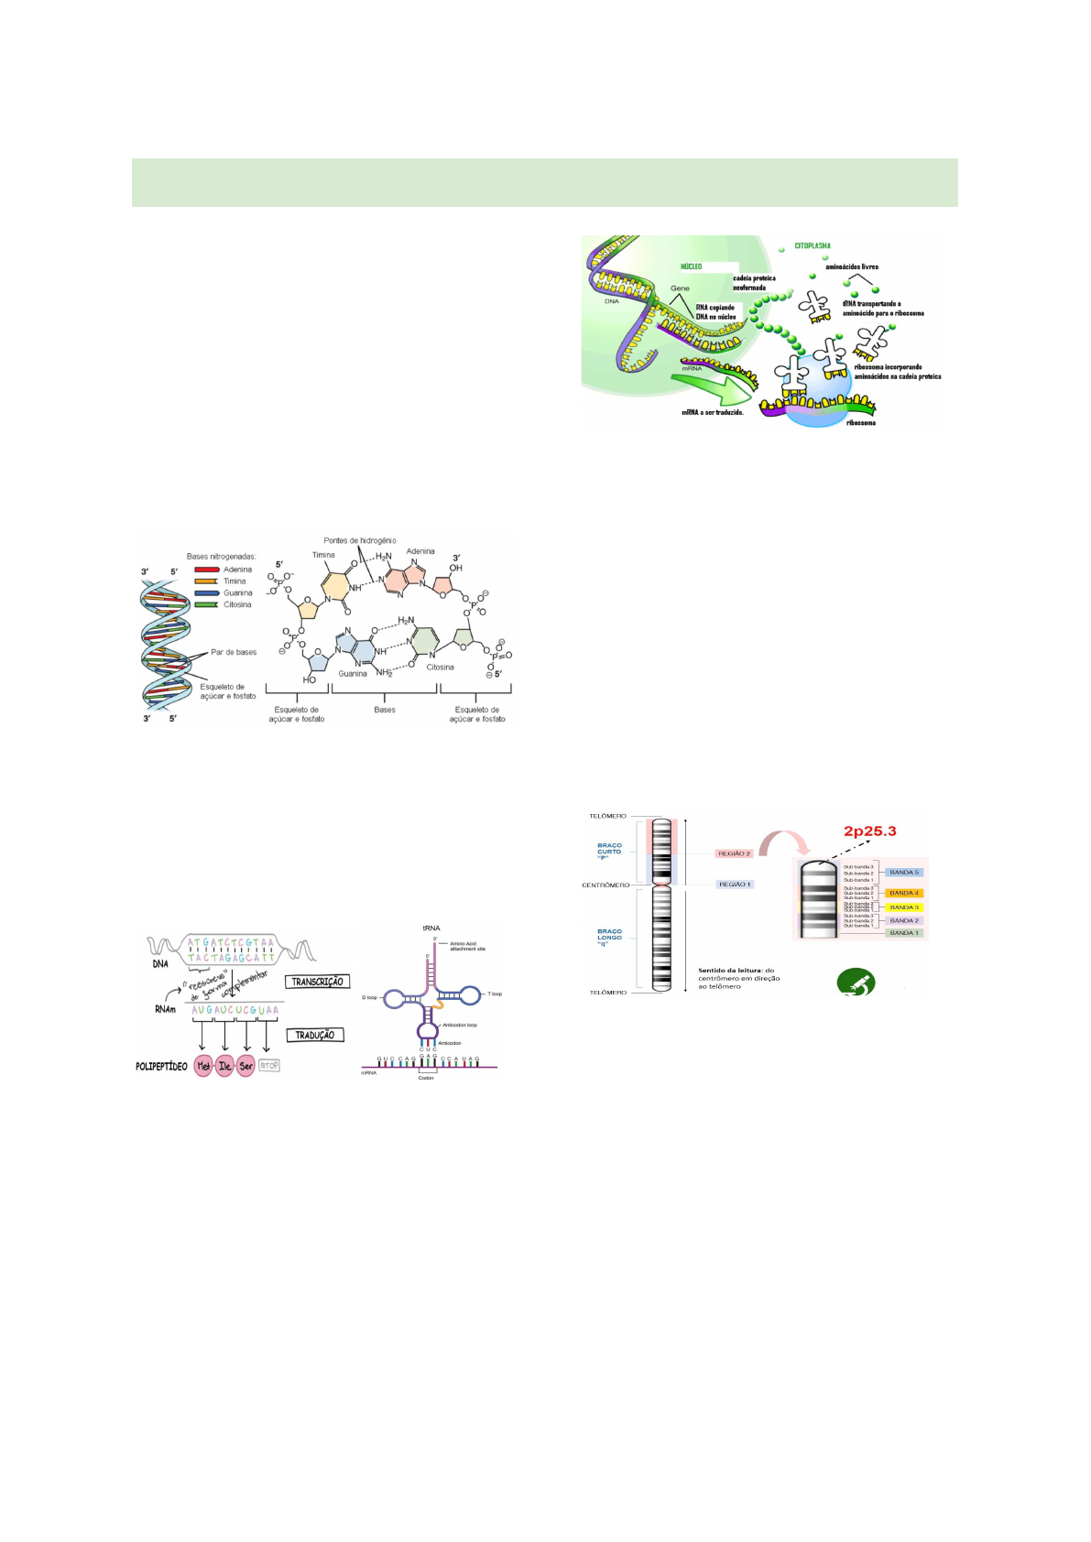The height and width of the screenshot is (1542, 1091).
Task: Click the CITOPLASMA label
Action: (813, 245)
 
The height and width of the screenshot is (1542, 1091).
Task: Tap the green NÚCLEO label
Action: (691, 266)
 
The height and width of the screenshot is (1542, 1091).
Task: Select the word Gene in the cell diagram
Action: (680, 288)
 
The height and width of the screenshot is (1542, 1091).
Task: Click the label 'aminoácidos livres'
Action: (851, 267)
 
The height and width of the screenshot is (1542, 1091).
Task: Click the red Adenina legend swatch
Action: (206, 570)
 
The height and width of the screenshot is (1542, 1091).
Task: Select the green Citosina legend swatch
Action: (206, 604)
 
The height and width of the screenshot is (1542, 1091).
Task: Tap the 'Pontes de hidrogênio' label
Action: (359, 540)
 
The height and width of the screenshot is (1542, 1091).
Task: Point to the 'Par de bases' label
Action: (234, 652)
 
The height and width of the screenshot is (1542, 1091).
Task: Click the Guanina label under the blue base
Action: (353, 674)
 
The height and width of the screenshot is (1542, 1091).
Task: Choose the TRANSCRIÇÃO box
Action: (317, 982)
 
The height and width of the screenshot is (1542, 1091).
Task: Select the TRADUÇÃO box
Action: (315, 1035)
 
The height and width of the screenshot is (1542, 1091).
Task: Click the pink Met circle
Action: (203, 1066)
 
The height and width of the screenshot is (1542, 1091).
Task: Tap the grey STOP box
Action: (268, 1065)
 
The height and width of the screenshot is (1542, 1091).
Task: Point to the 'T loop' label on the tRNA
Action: (495, 994)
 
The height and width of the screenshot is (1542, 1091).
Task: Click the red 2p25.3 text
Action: (869, 831)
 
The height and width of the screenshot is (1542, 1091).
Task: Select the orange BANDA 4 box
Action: (903, 893)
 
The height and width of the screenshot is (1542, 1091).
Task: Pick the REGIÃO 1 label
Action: (734, 885)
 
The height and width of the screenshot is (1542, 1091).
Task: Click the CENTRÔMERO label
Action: (606, 885)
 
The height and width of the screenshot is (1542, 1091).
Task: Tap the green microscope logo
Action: (856, 983)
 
